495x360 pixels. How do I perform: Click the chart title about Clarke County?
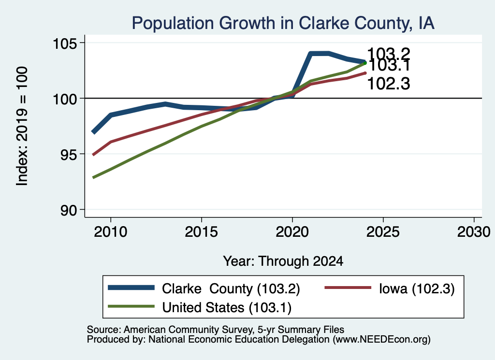click(283, 23)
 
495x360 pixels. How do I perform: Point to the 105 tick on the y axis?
click(65, 43)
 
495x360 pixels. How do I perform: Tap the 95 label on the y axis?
click(69, 154)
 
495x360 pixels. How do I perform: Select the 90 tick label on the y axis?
click(69, 210)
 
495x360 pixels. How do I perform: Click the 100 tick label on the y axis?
click(65, 99)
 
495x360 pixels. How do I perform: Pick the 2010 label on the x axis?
click(111, 232)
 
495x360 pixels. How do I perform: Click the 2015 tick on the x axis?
click(202, 232)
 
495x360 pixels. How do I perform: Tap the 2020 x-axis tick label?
click(292, 232)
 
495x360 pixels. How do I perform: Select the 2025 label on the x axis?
click(383, 232)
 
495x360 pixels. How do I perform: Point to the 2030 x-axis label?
click(474, 232)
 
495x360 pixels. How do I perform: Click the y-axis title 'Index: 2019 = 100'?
click(22, 126)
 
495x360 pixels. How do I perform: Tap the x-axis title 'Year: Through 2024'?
click(283, 261)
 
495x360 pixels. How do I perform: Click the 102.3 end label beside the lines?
click(389, 84)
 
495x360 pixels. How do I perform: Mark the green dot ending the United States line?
click(365, 63)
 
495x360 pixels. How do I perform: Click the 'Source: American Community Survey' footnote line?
click(215, 330)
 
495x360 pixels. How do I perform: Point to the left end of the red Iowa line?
click(93, 155)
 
